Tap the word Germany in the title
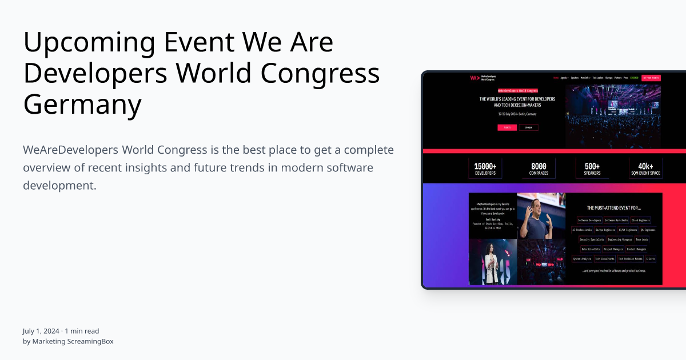click(82, 104)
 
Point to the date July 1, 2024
click(41, 331)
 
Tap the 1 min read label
click(82, 331)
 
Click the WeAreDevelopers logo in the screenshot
click(483, 78)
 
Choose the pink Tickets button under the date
click(507, 127)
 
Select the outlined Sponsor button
click(528, 127)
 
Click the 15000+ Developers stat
click(485, 169)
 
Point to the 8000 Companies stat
click(539, 169)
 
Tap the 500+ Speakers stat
click(592, 169)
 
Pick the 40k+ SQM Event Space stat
click(645, 169)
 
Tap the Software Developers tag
click(589, 220)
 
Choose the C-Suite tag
click(651, 259)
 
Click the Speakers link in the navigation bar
click(575, 77)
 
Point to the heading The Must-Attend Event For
click(613, 208)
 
